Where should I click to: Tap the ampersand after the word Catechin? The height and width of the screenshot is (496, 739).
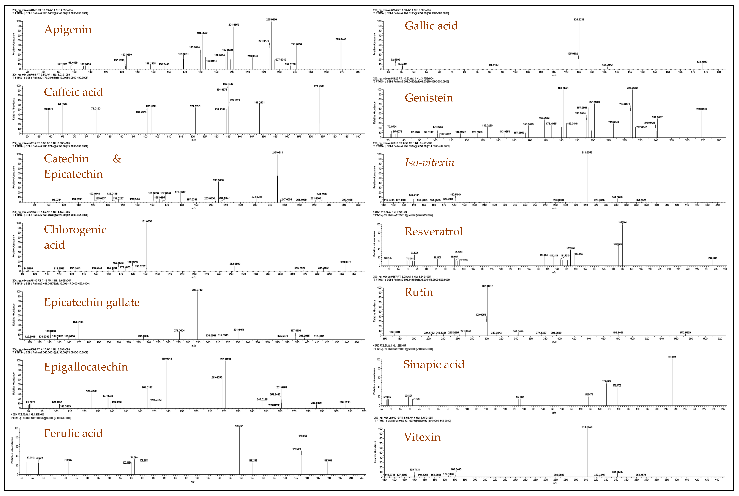pos(117,159)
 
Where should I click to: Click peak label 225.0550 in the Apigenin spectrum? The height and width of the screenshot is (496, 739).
pos(271,20)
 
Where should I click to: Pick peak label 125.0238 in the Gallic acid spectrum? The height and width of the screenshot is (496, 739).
pos(579,20)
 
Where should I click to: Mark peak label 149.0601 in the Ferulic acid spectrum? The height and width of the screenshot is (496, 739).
pos(239,426)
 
